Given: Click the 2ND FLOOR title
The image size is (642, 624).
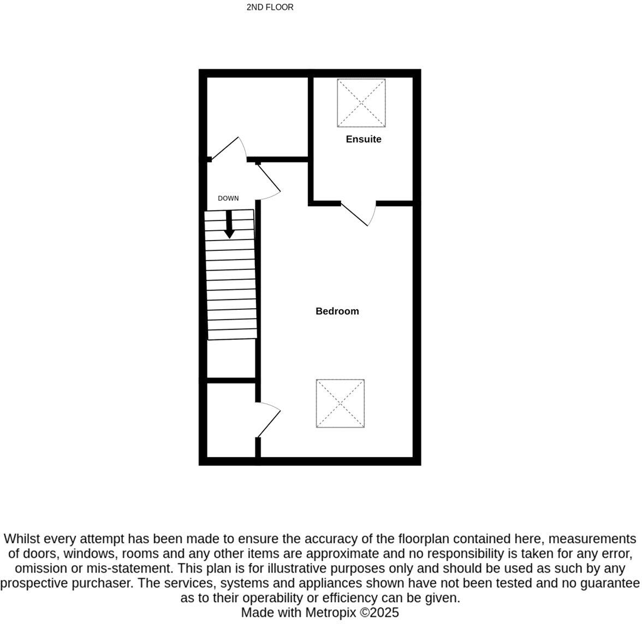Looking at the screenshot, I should click(x=270, y=7).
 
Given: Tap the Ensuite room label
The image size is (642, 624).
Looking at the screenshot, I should click(x=364, y=139).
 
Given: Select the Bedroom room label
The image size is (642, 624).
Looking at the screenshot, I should click(x=337, y=311).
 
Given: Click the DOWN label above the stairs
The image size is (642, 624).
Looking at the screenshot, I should click(x=228, y=199).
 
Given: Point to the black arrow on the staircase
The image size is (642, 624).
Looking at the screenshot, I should click(x=229, y=224).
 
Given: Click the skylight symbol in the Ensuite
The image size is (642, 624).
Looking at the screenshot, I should click(x=361, y=103).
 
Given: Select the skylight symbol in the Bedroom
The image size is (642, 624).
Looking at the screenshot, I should click(x=340, y=404).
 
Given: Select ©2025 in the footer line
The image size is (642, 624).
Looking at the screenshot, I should click(x=379, y=613).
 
